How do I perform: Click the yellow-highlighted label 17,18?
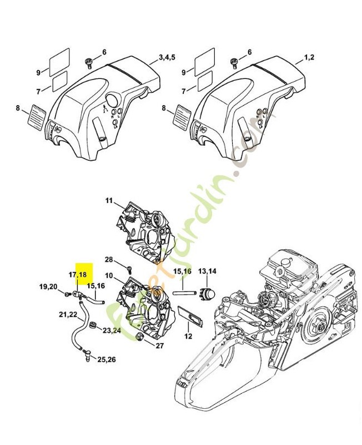(78, 275)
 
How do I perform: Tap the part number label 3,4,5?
(167, 57)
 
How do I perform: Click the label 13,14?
(207, 271)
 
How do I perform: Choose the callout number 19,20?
(48, 286)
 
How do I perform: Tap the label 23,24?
(111, 330)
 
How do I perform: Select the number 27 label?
(159, 346)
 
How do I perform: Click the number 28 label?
(109, 260)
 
